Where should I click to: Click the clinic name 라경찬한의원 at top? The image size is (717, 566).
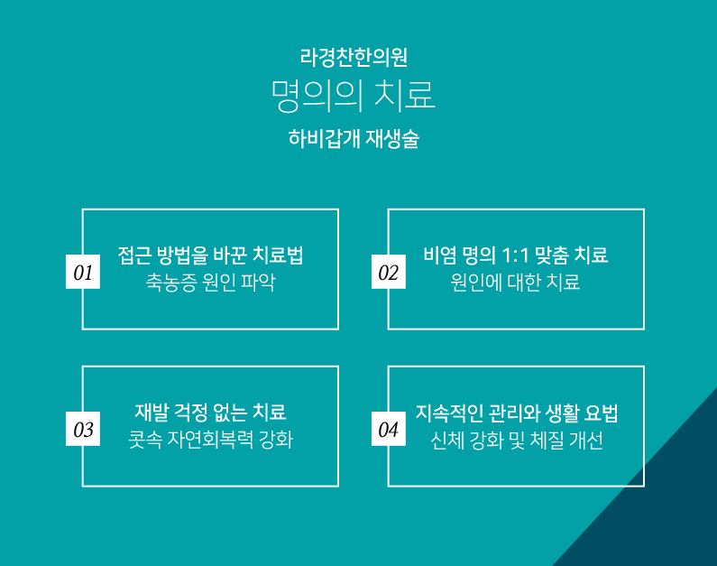354,58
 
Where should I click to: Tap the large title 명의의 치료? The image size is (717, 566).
353,96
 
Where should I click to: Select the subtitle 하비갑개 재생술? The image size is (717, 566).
354,139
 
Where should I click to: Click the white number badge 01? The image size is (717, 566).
83,272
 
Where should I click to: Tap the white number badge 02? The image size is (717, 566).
388,272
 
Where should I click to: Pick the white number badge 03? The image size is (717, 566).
83,429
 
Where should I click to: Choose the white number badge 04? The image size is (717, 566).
388,429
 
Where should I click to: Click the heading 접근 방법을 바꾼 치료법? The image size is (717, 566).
210,255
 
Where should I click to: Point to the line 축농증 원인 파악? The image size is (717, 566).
210,283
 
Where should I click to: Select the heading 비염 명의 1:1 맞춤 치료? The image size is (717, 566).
516,255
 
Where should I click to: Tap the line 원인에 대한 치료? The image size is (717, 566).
515,283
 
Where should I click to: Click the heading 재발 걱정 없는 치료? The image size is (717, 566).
210,413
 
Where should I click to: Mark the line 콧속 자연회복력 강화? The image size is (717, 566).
210,440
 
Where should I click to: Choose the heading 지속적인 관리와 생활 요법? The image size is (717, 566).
517,413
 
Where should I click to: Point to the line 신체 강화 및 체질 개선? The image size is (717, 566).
516,441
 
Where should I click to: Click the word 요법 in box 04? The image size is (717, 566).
602,413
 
